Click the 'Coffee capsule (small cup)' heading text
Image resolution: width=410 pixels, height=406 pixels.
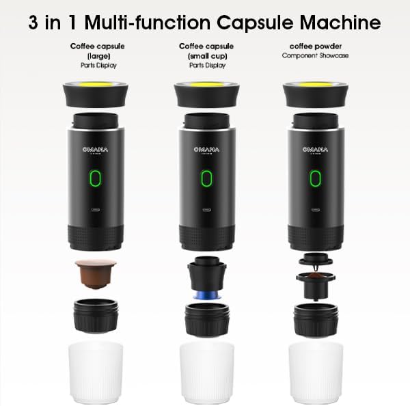click(202, 52)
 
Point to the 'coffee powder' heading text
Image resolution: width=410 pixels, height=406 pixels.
click(310, 47)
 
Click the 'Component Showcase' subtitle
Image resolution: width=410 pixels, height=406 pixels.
click(310, 55)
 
